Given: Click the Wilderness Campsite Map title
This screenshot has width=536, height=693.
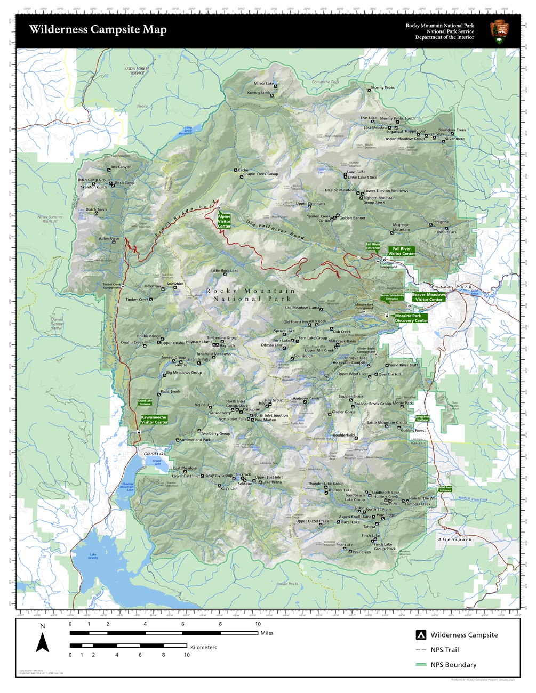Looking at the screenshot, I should click(98, 30).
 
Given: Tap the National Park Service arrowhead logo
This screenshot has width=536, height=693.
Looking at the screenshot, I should click(499, 31).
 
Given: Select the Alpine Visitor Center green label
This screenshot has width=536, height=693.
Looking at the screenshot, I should click(224, 221).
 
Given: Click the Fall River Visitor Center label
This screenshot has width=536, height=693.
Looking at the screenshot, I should click(402, 251).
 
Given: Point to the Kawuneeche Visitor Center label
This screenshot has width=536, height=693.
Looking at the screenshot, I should click(154, 420).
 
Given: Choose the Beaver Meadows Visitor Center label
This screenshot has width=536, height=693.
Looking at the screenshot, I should click(429, 297).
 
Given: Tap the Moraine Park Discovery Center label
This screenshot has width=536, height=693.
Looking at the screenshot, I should click(411, 318).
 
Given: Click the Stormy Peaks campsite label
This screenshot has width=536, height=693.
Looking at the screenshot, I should click(382, 88).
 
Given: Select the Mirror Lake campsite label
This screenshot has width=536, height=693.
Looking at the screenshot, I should click(263, 84).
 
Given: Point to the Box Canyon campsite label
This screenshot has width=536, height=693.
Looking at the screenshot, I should click(121, 167).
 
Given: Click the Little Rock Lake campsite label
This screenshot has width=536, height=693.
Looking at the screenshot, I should click(225, 271).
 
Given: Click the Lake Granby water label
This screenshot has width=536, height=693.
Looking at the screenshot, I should click(93, 557).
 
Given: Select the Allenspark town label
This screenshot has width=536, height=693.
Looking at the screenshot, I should click(455, 539).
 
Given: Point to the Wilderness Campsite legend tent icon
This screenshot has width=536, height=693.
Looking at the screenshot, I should click(421, 635).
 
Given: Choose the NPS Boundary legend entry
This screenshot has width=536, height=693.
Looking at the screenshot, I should click(453, 665).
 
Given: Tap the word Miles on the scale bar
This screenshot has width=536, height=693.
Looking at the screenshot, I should click(267, 633).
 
